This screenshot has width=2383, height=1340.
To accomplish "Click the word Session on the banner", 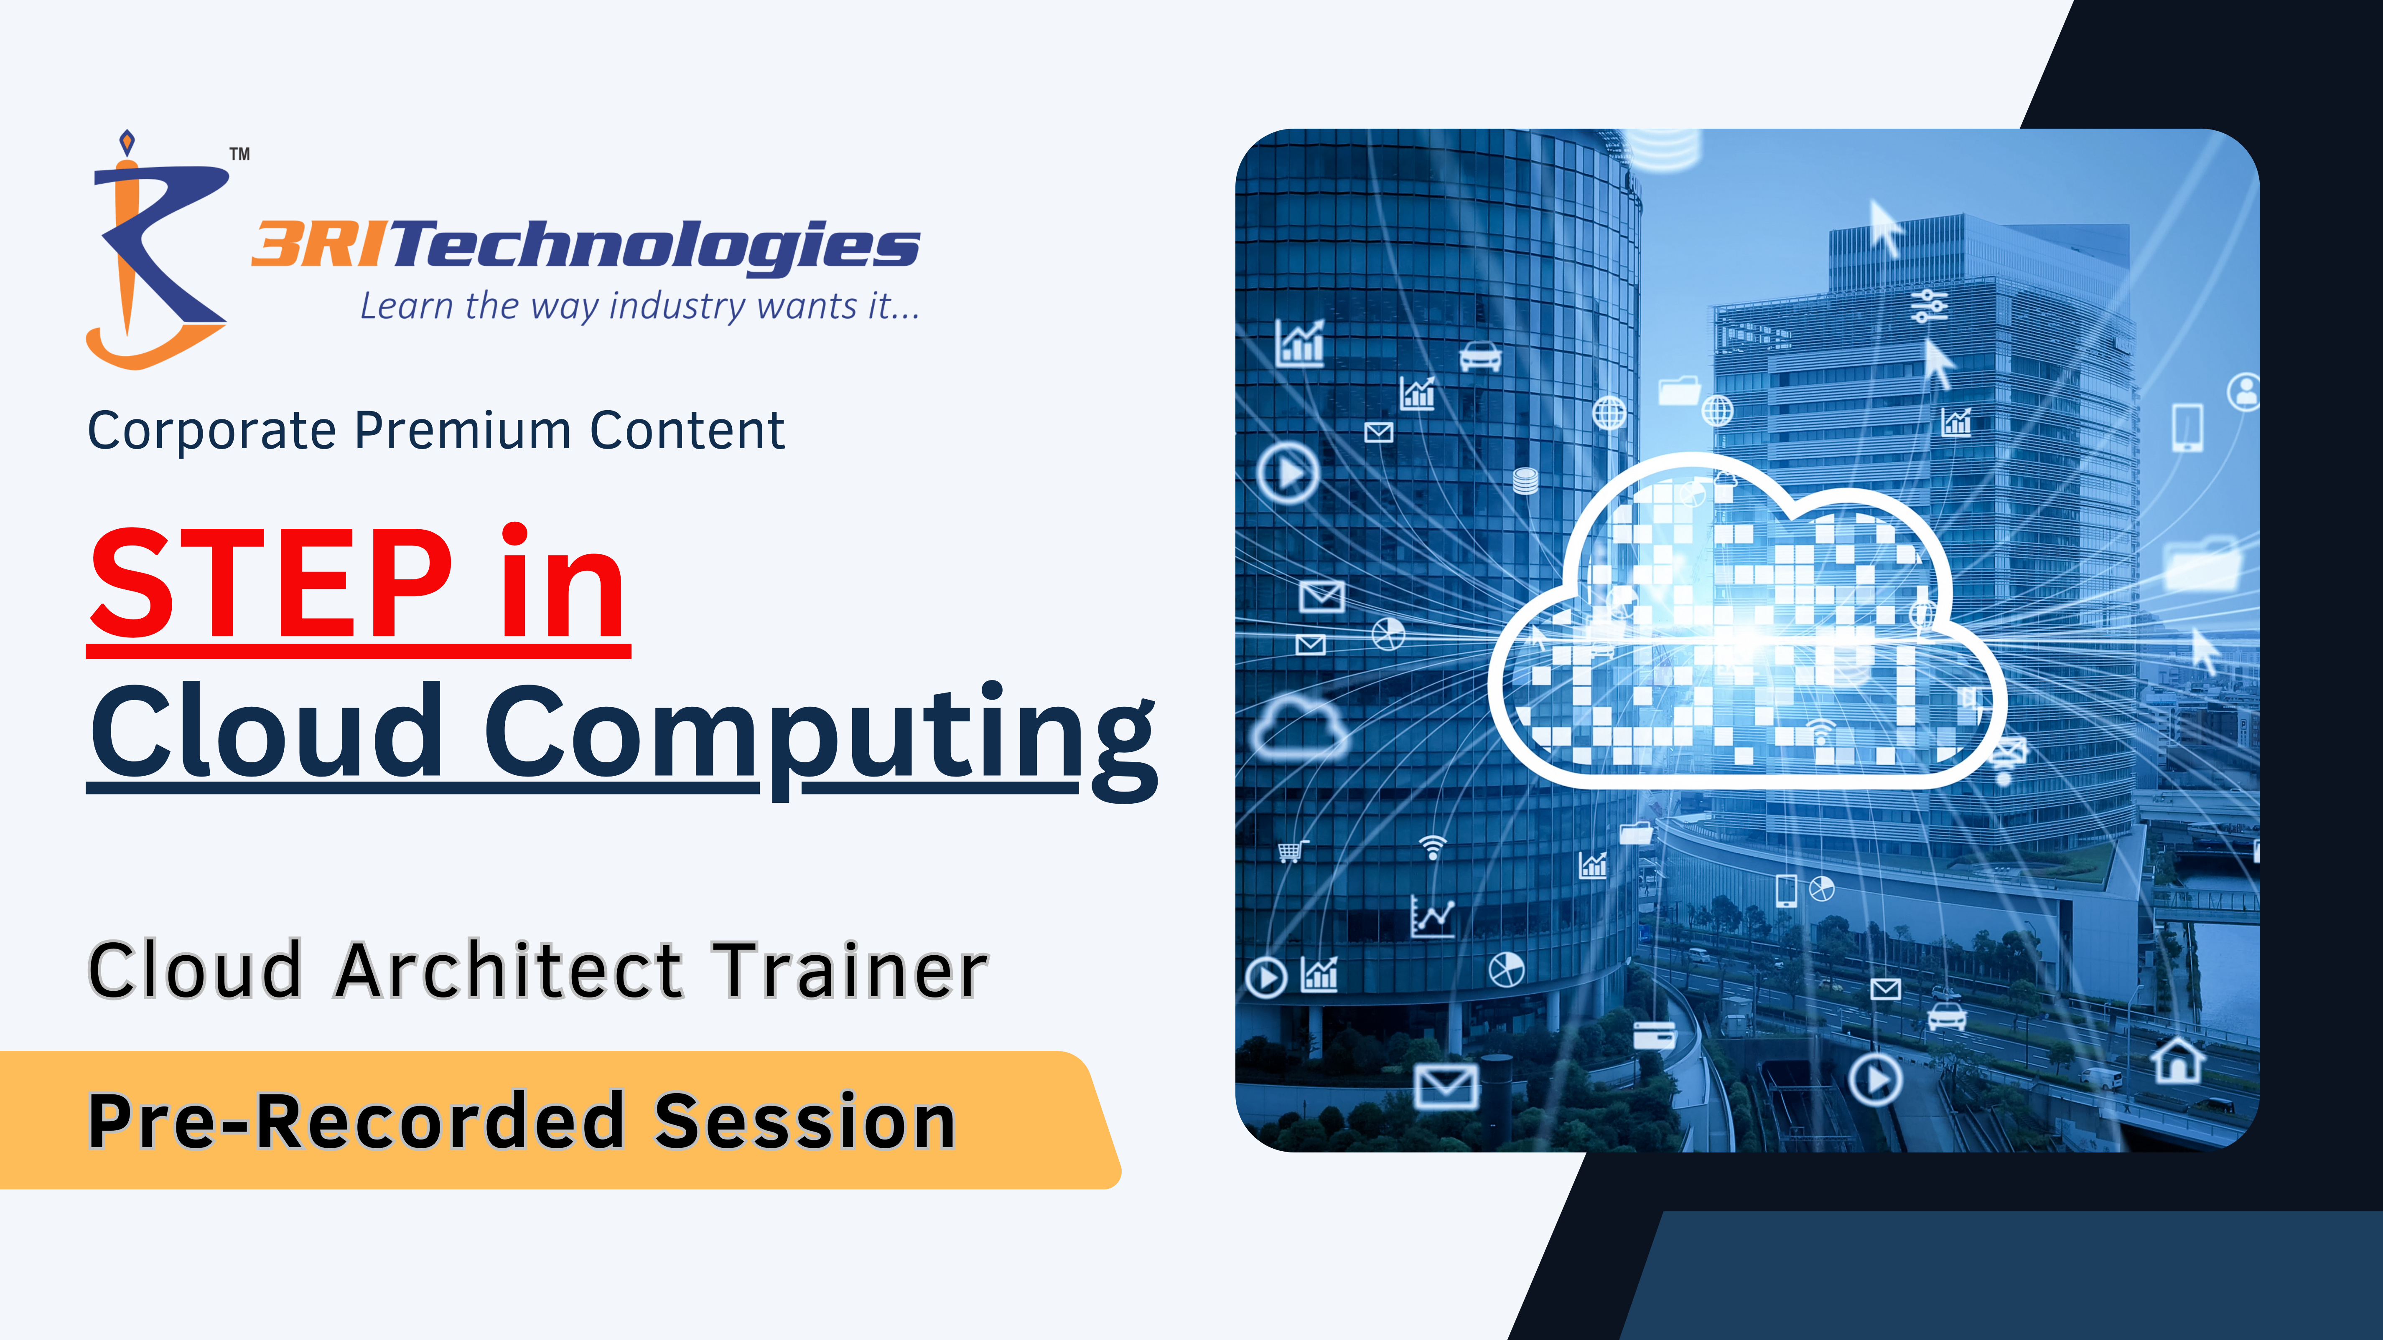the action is [805, 1121].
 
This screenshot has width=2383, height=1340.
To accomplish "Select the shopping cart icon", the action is [1292, 851].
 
